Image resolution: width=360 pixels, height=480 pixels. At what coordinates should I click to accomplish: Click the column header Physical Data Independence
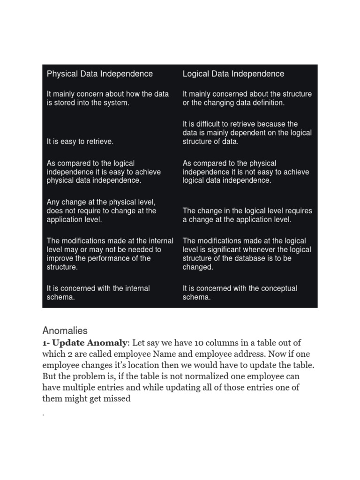pos(99,74)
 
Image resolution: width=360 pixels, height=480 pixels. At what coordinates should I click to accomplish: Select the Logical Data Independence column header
pos(233,74)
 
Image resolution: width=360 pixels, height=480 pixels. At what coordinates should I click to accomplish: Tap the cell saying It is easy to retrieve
pos(80,141)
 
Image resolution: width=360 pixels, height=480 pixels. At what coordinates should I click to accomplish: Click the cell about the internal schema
pos(98,293)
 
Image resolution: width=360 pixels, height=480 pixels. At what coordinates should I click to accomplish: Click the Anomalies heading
pos(65,330)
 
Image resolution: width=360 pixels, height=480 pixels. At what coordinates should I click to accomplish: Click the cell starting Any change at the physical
pos(101,210)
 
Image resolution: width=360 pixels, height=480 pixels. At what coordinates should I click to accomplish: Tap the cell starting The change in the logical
pos(247,215)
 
